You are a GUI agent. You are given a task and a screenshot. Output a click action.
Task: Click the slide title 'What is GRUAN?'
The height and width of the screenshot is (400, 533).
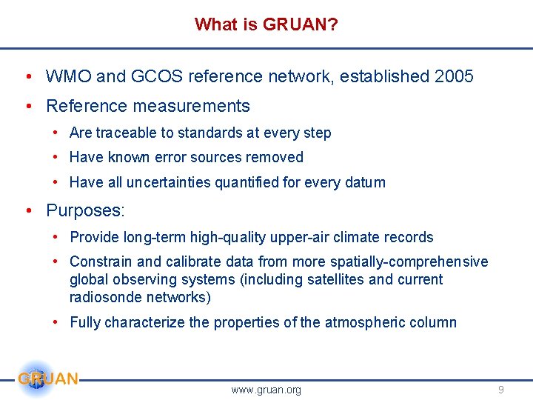pyautogui.click(x=266, y=24)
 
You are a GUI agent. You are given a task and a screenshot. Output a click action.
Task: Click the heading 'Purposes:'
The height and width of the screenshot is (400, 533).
pyautogui.click(x=85, y=210)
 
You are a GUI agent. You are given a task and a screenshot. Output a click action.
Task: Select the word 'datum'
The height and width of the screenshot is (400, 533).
pyautogui.click(x=365, y=182)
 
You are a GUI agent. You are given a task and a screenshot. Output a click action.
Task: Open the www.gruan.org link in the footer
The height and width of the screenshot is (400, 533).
pyautogui.click(x=266, y=390)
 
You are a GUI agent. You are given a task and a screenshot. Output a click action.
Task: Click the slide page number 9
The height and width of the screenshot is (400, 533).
pyautogui.click(x=501, y=390)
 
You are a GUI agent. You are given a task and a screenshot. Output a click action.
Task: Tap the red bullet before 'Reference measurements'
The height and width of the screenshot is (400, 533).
pyautogui.click(x=27, y=107)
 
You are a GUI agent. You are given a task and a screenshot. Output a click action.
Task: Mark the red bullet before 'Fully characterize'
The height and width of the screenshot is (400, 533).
pyautogui.click(x=56, y=322)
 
